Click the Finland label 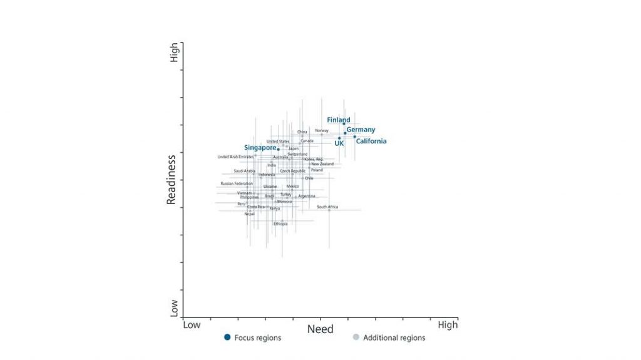tap(339, 120)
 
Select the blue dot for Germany tap(345, 133)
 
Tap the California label tap(371, 141)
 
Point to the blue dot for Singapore tap(279, 149)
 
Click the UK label tap(339, 143)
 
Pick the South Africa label tap(327, 207)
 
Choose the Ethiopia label tap(280, 224)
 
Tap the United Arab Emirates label tap(235, 157)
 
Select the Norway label tap(322, 130)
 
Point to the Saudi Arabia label tap(244, 170)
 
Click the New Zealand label tap(322, 164)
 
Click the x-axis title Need tap(320, 329)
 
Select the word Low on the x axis tap(192, 324)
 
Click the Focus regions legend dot tap(227, 337)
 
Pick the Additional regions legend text tap(394, 337)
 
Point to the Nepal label tap(249, 214)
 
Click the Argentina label tap(307, 196)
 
